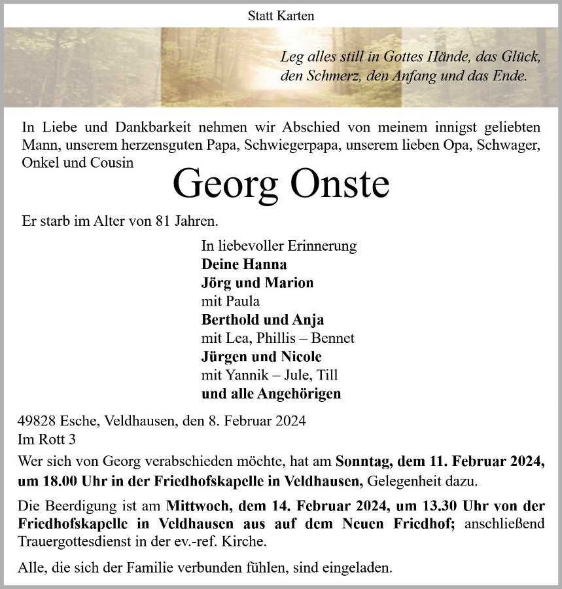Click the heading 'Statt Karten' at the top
coord(281,14)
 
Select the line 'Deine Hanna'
coord(244,264)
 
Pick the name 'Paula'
coord(241,302)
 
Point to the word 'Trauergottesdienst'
coord(75,543)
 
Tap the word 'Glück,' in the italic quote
coord(519,58)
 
